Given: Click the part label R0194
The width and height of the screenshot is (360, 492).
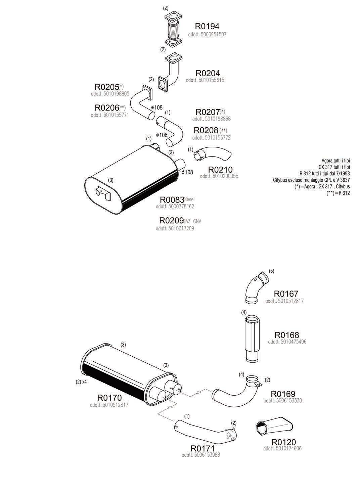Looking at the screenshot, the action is (207, 26).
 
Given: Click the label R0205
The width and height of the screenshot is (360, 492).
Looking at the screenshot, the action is (107, 87).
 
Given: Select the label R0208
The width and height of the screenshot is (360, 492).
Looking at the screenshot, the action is (206, 130).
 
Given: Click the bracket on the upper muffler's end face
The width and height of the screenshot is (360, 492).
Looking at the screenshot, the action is (103, 193).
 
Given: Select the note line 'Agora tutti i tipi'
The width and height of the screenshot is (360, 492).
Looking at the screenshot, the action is (335, 161).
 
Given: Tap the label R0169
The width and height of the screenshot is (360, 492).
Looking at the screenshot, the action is (283, 394).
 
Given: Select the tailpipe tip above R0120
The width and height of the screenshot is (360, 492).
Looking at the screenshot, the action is (273, 427).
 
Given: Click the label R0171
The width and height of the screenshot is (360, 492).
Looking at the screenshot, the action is (202, 448).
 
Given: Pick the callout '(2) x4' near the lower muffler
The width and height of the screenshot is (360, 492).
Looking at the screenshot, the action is (81, 382).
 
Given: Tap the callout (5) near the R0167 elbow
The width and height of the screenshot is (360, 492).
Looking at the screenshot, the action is (271, 271).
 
